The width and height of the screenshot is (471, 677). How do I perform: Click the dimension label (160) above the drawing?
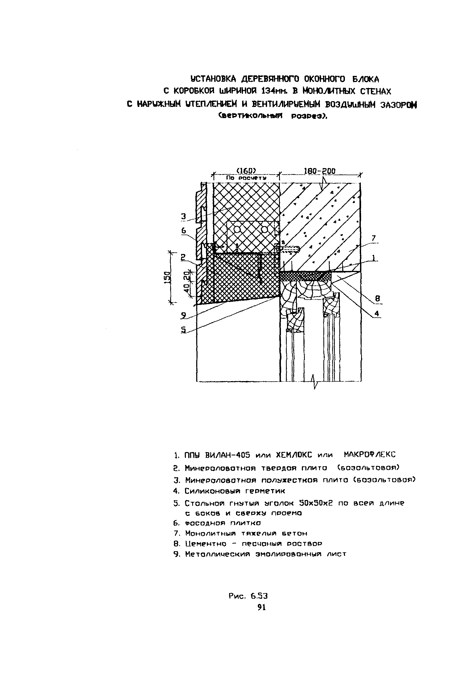coord(246,171)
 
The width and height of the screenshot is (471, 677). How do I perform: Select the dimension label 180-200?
coord(319,171)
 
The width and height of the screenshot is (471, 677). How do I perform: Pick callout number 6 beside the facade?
coord(183,231)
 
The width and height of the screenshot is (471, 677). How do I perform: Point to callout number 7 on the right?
coord(373,238)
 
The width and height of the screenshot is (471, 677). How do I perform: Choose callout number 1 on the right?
coord(373,258)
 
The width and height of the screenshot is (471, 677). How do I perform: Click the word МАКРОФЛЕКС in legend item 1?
coord(370,454)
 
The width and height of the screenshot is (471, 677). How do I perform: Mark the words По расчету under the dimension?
coord(246,178)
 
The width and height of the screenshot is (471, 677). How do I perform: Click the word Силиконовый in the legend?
coord(212,491)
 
